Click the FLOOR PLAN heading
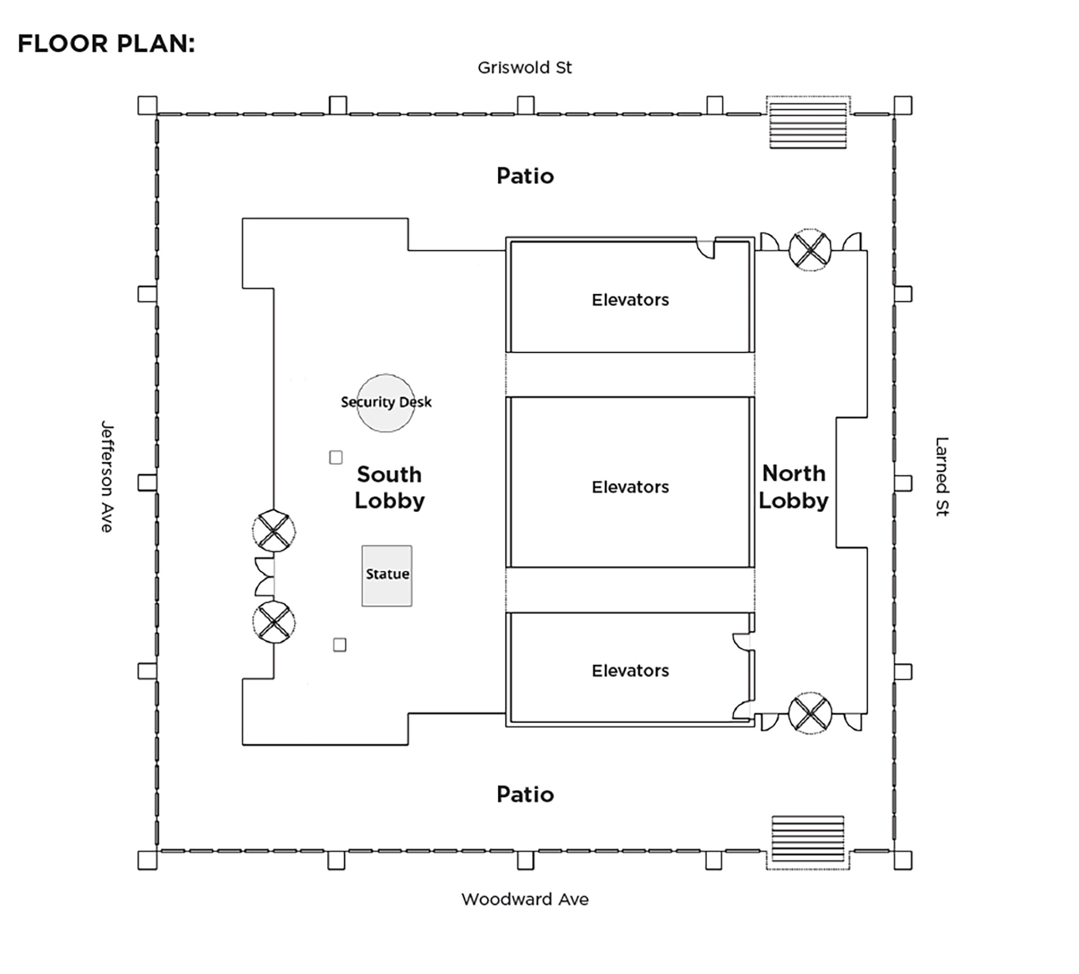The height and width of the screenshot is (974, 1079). coord(106,44)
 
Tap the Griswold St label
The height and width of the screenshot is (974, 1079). coord(524,68)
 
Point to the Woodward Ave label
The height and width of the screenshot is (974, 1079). coord(525,899)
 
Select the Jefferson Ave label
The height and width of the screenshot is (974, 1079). coord(107,476)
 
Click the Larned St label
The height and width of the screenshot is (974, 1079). coord(941,476)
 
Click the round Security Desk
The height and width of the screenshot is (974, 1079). coord(386,403)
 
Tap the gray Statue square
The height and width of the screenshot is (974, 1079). coord(387,575)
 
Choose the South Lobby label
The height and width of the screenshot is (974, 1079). coord(389,488)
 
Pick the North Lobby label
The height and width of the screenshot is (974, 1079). coord(794,487)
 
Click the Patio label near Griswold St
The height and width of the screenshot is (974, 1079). coord(525,176)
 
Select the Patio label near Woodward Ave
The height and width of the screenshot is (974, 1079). coord(525,794)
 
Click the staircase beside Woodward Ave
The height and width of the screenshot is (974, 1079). coord(808,838)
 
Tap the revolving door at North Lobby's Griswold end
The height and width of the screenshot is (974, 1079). coord(810,250)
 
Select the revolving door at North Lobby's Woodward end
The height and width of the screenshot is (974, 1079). coord(810,713)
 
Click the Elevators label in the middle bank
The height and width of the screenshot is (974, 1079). coord(630,487)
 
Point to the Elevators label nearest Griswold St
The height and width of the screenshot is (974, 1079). coord(630,300)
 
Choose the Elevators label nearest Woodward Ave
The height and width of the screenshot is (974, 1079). coord(630,671)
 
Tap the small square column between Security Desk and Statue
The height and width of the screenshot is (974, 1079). coord(336,457)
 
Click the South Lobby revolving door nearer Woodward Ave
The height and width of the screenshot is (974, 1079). coord(274,622)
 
